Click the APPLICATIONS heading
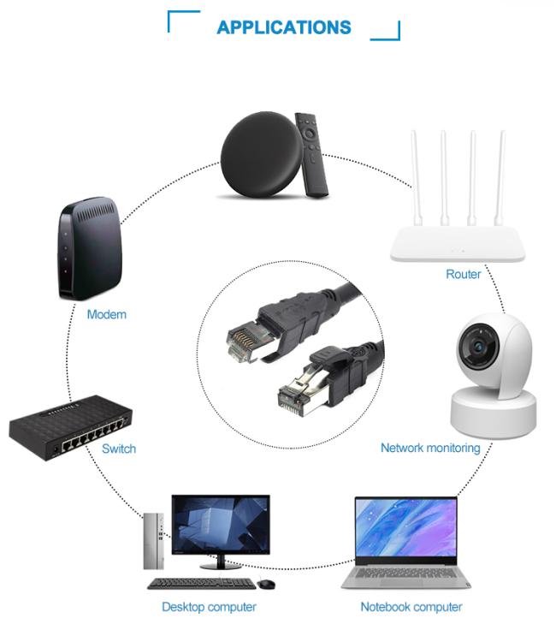pyautogui.click(x=284, y=27)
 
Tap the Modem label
pyautogui.click(x=107, y=314)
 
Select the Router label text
pyautogui.click(x=464, y=274)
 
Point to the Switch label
pyautogui.click(x=119, y=449)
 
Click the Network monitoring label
pyautogui.click(x=430, y=448)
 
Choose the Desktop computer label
pyautogui.click(x=209, y=607)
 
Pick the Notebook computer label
pyautogui.click(x=411, y=607)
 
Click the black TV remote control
pyautogui.click(x=311, y=155)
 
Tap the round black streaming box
pyautogui.click(x=262, y=154)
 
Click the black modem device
pyautogui.click(x=90, y=249)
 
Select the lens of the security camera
pyautogui.click(x=479, y=347)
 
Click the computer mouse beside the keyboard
pyautogui.click(x=266, y=584)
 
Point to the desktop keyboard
pyautogui.click(x=201, y=584)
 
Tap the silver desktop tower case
pyautogui.click(x=154, y=541)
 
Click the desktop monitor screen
pyautogui.click(x=221, y=524)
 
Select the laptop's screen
pyautogui.click(x=406, y=526)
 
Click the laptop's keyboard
pyautogui.click(x=405, y=574)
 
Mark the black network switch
pyautogui.click(x=70, y=428)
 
